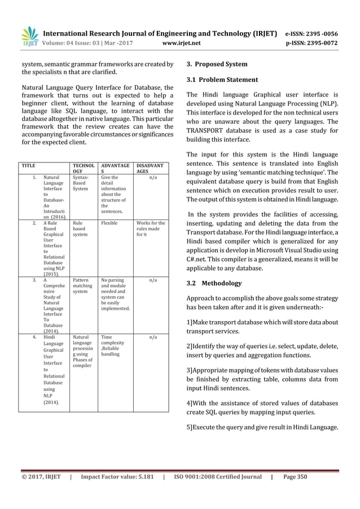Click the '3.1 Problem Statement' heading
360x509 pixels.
[x=222, y=80]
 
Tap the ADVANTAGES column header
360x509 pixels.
[x=115, y=170]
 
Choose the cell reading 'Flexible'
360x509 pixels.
[x=109, y=223]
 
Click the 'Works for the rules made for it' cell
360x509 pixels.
[x=150, y=229]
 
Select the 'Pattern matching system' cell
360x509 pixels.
[x=82, y=285]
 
